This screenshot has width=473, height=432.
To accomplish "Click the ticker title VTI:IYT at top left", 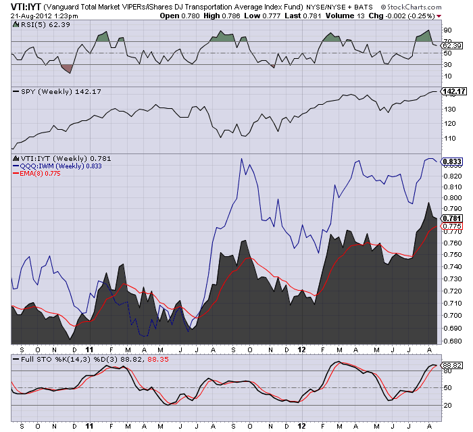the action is pos(26,7).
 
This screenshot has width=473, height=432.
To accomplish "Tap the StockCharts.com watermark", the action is pos(411,7).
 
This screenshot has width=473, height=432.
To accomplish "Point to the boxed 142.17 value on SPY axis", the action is pos(453,91).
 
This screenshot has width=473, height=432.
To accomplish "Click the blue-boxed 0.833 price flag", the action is pos(452,162).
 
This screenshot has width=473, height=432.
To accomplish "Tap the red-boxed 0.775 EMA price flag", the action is pos(452,226).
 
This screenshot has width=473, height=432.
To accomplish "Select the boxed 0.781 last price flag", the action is pos(452,218).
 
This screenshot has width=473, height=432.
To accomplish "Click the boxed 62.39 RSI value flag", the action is pos(452,45).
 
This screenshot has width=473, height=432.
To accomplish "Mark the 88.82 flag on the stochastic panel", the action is pos(452,366).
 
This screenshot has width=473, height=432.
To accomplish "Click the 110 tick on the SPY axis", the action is pos(449,139).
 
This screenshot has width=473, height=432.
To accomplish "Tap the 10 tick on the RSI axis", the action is pos(447,76).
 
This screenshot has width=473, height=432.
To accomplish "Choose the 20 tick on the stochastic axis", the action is pos(447,405).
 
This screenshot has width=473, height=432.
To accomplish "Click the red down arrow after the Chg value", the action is pos(439,16).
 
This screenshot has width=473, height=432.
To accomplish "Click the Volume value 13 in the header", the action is pos(361,16).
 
